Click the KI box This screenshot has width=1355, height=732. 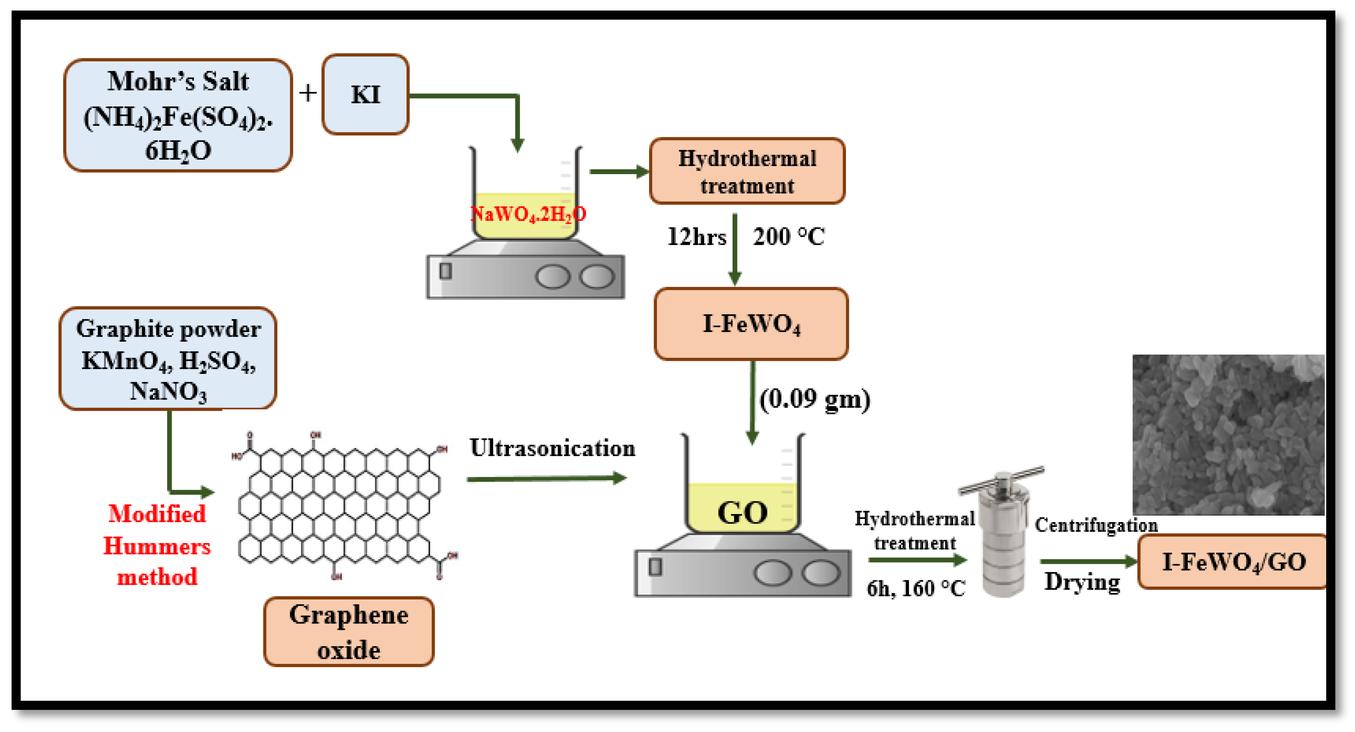365,95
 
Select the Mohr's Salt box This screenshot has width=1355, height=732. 178,115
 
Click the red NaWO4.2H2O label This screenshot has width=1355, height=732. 528,214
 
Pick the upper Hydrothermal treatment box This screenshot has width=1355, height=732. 747,171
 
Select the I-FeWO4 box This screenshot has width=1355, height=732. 751,324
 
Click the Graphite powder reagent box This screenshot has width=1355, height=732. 168,359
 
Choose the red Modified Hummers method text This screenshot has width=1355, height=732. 157,545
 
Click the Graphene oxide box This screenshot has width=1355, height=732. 349,632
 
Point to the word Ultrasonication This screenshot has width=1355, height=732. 552,448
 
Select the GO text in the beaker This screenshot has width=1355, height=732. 742,512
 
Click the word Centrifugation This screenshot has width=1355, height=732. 1096,525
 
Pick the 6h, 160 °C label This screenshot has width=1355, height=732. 916,588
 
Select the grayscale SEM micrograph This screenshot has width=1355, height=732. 1228,435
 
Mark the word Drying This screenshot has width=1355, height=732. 1082,582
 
